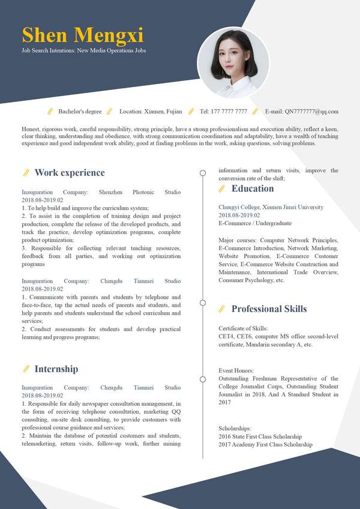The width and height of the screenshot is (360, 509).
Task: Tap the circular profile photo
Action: [233, 62]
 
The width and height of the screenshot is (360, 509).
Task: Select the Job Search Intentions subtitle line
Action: [83, 50]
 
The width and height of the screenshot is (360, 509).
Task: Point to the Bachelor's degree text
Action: [80, 111]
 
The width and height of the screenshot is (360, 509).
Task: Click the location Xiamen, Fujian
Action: [151, 111]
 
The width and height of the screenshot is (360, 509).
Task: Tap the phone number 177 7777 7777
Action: [223, 111]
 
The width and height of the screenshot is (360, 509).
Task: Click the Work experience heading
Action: [70, 173]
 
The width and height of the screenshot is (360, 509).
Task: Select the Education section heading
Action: [253, 188]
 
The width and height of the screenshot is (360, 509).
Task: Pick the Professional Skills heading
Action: [269, 309]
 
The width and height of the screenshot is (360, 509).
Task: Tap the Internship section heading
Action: [56, 369]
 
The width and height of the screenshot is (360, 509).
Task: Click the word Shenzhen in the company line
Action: [111, 192]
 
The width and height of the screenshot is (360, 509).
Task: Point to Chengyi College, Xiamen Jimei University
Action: [271, 207]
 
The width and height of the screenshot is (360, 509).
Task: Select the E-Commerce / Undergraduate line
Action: [255, 223]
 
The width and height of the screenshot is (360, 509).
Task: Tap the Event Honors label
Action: [236, 371]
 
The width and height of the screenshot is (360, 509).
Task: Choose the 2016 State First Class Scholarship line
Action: [260, 436]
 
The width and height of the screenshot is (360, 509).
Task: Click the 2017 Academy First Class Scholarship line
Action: [265, 444]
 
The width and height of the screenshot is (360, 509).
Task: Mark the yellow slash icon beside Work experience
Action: [26, 173]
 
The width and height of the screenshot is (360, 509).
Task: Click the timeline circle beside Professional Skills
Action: [203, 303]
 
